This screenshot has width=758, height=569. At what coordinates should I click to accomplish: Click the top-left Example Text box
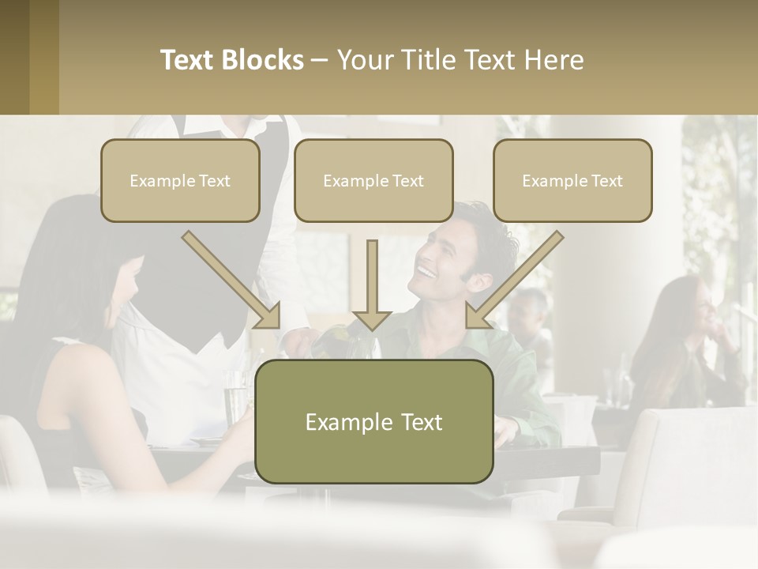point(180,180)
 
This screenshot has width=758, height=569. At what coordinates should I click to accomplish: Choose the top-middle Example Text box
point(373,180)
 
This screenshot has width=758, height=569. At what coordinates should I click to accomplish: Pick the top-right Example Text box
point(572,180)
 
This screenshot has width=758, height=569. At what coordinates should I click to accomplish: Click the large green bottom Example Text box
point(373,421)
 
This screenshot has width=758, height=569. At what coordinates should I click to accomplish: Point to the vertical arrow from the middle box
point(372,284)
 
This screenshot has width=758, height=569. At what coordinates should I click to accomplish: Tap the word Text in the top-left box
point(214,180)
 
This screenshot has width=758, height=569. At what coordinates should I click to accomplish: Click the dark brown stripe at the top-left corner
point(14,57)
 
